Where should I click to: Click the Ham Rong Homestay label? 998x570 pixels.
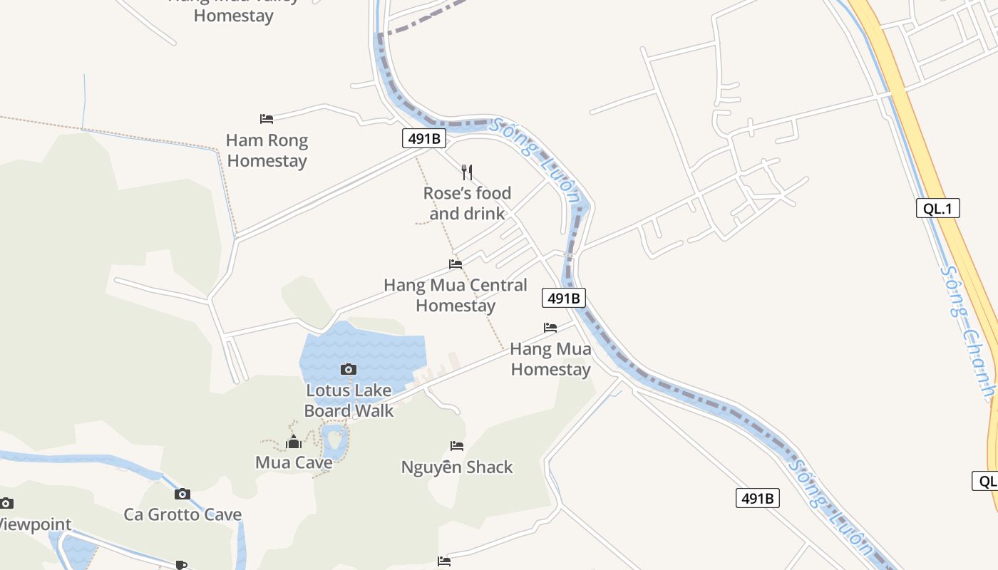point(267,150)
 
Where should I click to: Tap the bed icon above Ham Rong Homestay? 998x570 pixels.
point(267,118)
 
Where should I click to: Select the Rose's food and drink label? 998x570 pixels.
point(467,203)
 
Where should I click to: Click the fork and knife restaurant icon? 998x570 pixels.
point(467,172)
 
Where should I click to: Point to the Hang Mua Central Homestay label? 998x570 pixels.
point(456,295)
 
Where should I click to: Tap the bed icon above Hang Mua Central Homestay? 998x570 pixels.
point(456,264)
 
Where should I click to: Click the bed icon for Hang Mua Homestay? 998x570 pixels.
point(550,328)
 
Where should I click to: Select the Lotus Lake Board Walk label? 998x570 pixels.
point(349,400)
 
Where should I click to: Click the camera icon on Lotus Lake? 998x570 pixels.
point(349,369)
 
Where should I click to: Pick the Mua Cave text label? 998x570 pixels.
point(294,462)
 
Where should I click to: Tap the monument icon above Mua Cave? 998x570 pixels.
point(294,442)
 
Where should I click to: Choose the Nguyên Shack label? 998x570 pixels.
point(457,467)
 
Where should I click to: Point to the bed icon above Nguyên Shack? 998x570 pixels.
point(457,446)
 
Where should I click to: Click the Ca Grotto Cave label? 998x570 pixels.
point(182,514)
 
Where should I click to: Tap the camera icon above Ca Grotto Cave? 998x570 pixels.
point(182,494)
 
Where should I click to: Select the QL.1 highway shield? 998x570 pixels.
point(938,208)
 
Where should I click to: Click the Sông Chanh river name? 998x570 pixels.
point(968,331)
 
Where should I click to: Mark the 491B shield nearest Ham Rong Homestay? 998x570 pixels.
point(423,138)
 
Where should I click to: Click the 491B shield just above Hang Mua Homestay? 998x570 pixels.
point(564,298)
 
